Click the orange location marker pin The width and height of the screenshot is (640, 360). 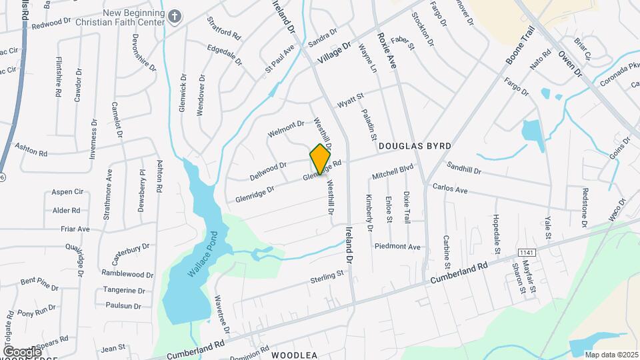coord(321,159)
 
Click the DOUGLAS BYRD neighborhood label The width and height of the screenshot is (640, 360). coord(415,145)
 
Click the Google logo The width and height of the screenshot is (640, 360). coord(21,351)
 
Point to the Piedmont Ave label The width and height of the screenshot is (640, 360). coord(397,247)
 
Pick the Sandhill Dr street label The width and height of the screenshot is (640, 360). coord(464,170)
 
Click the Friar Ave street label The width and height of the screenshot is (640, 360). coord(75,229)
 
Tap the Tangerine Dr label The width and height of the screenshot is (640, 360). coord(125,291)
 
